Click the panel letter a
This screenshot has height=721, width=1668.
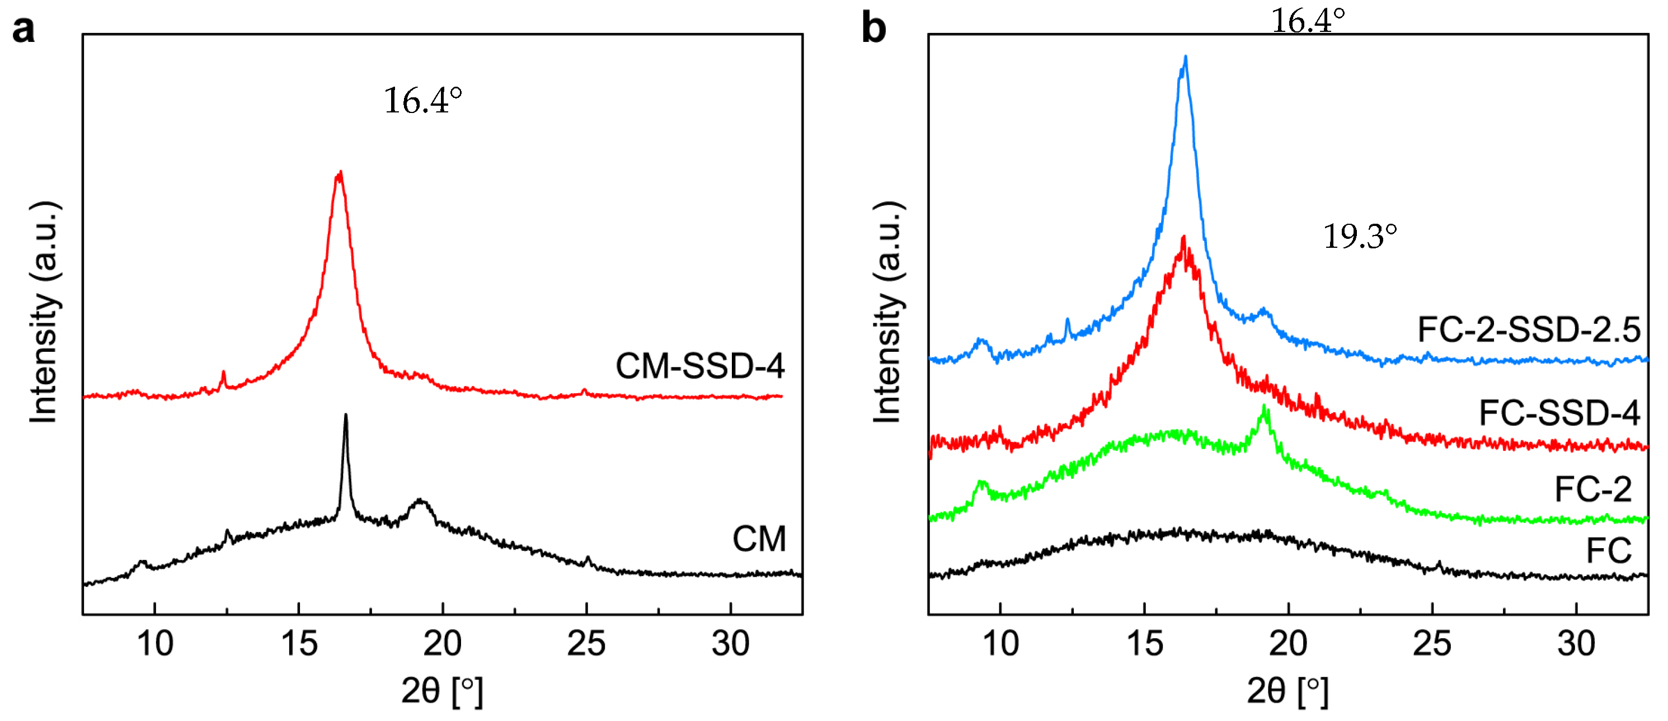click(24, 30)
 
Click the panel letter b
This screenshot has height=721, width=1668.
click(873, 30)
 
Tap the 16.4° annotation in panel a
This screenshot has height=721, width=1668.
click(423, 101)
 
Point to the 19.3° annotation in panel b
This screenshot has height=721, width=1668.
click(1359, 236)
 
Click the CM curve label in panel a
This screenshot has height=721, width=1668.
click(759, 539)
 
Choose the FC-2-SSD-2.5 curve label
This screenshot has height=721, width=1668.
click(1529, 330)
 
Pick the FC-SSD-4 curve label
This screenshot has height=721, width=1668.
click(1559, 413)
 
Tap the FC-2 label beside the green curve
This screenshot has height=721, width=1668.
click(1593, 489)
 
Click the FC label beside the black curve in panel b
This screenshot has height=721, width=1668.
click(1609, 552)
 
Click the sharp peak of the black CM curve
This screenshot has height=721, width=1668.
click(346, 416)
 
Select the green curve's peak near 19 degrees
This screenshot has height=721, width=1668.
click(1265, 408)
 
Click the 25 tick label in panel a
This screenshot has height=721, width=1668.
click(586, 643)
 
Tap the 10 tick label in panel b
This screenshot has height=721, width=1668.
click(1000, 643)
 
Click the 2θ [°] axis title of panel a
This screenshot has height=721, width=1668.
click(442, 691)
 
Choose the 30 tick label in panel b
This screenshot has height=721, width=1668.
click(1576, 643)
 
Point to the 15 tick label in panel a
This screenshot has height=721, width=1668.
click(298, 643)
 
